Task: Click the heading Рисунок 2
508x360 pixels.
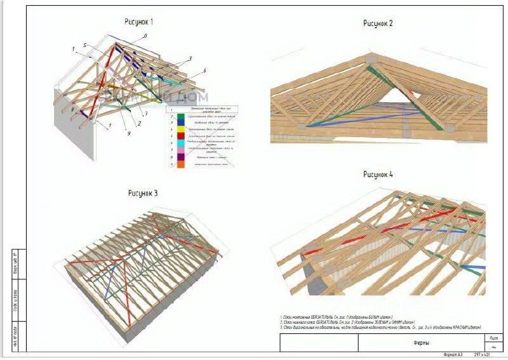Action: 378,23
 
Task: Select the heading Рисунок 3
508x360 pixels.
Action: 142,193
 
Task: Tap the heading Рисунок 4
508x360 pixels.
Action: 378,174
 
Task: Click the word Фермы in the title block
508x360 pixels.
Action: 421,343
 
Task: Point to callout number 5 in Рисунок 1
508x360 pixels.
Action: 84,44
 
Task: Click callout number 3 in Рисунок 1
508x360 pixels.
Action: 190,58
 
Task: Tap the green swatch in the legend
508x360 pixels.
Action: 182,117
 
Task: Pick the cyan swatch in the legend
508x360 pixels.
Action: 182,143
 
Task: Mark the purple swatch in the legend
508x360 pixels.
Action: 182,156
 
